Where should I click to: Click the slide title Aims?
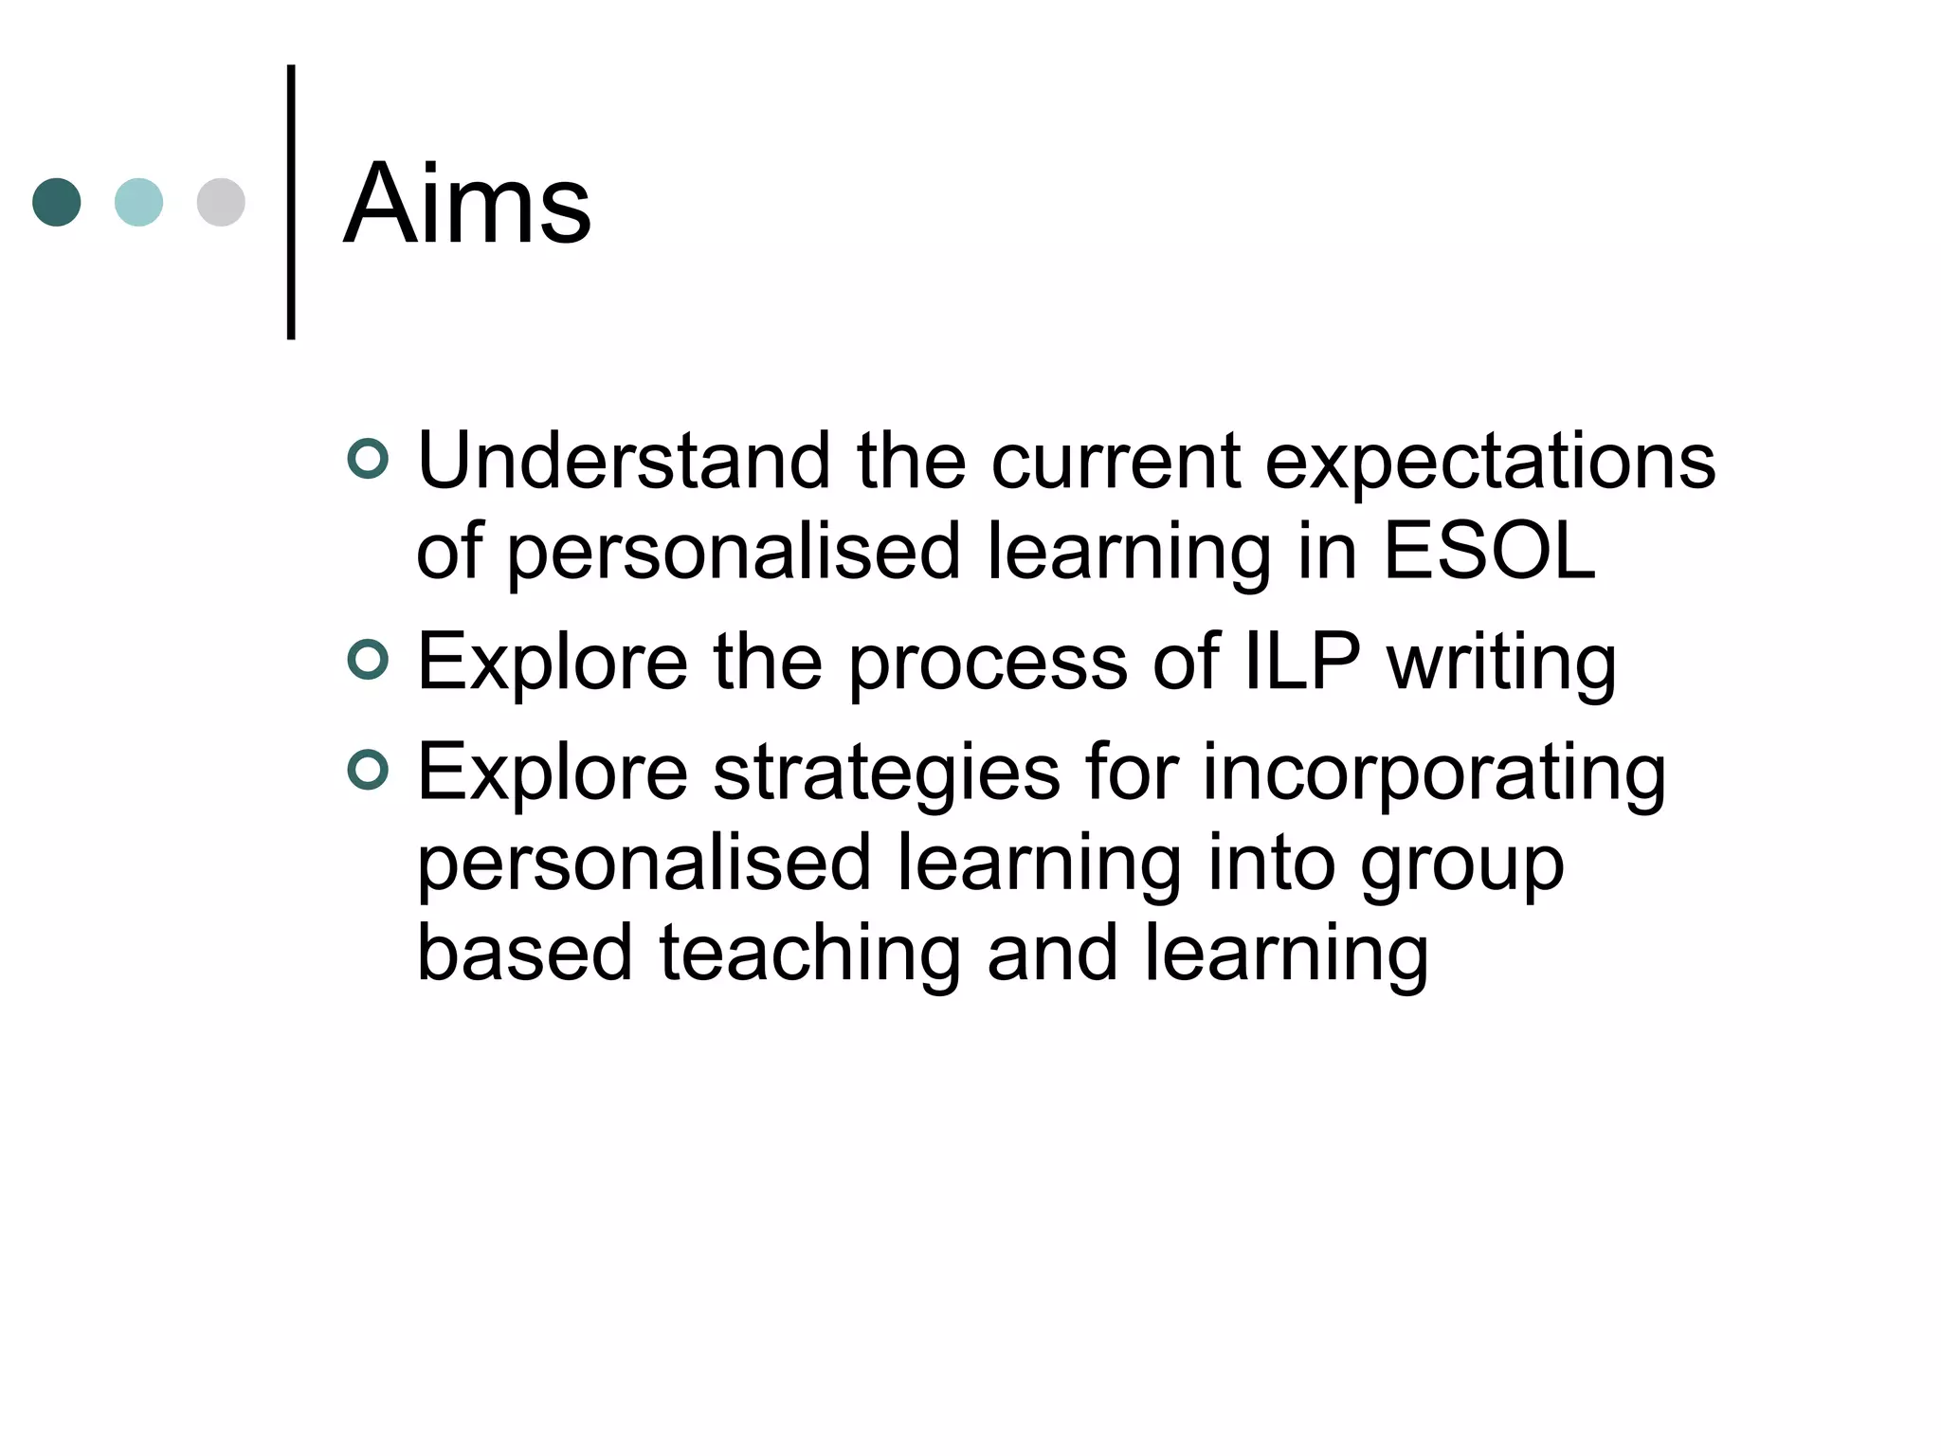467,203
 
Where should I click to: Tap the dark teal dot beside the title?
57,202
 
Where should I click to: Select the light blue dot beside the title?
138,202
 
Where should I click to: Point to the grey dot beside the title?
221,202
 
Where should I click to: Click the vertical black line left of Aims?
291,202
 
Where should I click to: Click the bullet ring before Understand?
368,460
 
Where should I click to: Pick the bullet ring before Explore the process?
368,661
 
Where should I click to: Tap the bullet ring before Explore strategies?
368,770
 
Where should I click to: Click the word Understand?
624,461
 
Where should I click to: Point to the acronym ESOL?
1489,551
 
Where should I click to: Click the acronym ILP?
1301,661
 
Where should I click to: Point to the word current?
1116,461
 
